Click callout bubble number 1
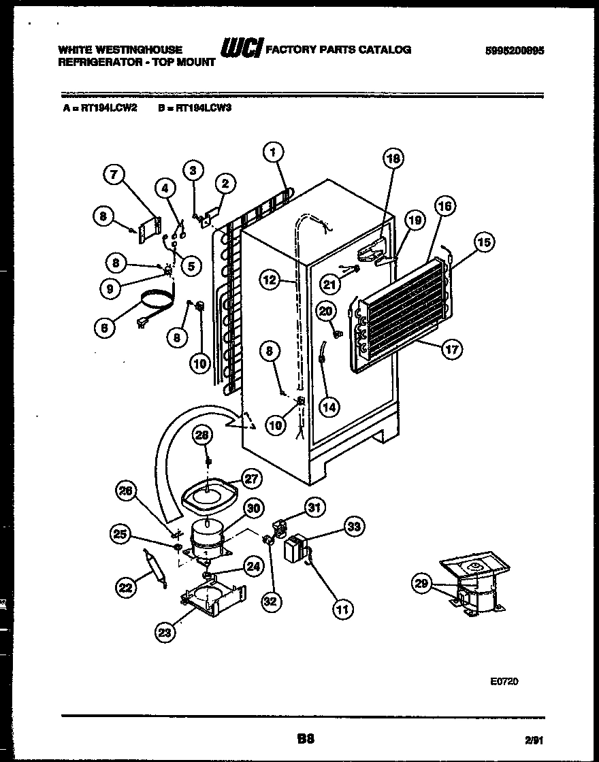(272, 153)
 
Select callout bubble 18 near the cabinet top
(393, 159)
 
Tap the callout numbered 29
(422, 582)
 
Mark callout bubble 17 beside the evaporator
(452, 350)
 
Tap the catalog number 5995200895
(515, 50)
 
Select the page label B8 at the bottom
(306, 738)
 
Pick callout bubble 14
(329, 407)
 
